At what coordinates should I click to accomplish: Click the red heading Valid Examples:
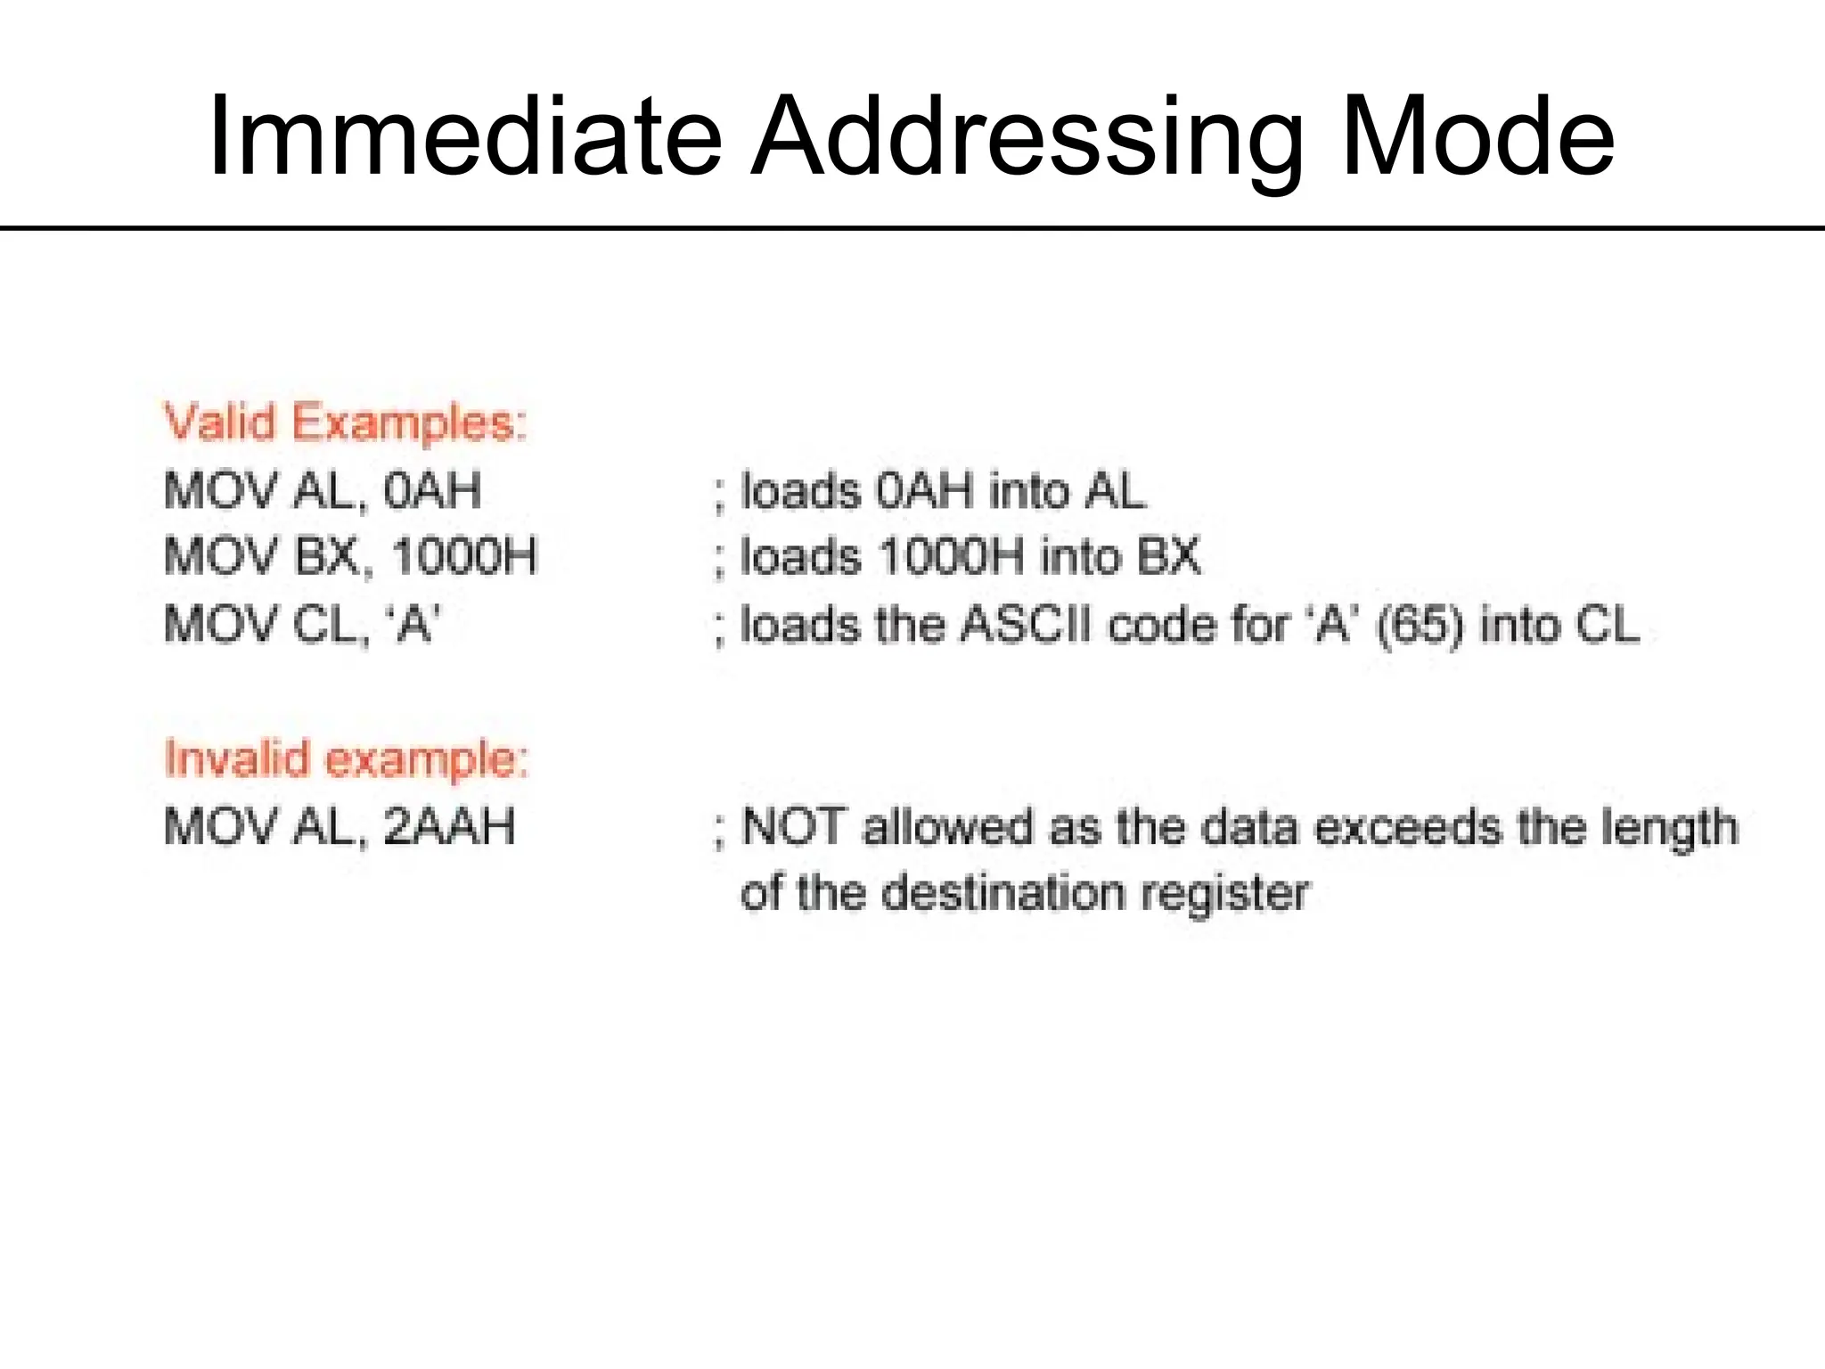click(x=346, y=422)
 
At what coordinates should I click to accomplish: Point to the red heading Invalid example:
click(x=347, y=758)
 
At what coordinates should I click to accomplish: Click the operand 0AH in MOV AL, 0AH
click(x=432, y=490)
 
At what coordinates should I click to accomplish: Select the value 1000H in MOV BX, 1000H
click(x=464, y=556)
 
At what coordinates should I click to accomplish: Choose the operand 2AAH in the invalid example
click(x=449, y=826)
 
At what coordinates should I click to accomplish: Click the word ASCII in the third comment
click(x=1026, y=624)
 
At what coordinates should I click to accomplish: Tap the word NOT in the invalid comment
click(x=792, y=826)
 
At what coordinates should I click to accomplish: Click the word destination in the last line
click(x=1003, y=893)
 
